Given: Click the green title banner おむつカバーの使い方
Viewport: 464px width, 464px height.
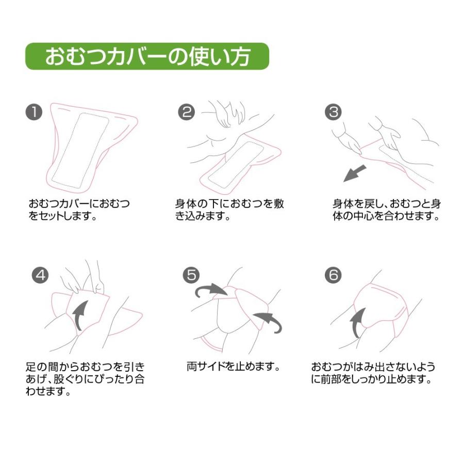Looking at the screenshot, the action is (147, 56).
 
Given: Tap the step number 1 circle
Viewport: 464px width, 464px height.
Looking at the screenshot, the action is (34, 112).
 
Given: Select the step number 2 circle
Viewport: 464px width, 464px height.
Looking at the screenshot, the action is (187, 112).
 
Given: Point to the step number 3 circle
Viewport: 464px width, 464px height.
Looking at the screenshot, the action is (333, 112).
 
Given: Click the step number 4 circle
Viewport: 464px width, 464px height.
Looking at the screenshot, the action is (40, 275).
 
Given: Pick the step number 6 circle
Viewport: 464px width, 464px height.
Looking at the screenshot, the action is (333, 275).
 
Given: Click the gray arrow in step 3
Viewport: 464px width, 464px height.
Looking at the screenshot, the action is (355, 174).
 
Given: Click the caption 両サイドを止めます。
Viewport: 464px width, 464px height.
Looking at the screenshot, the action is (234, 367).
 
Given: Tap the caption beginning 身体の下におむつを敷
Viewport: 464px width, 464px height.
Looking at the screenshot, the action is (229, 209).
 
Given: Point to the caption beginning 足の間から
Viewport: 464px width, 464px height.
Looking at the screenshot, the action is (85, 379).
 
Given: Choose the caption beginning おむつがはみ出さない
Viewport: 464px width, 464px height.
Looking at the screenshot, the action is (373, 373).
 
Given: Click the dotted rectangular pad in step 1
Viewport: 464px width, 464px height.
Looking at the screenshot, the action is (80, 151).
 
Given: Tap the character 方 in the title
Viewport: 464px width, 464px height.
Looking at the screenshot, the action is (239, 56).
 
